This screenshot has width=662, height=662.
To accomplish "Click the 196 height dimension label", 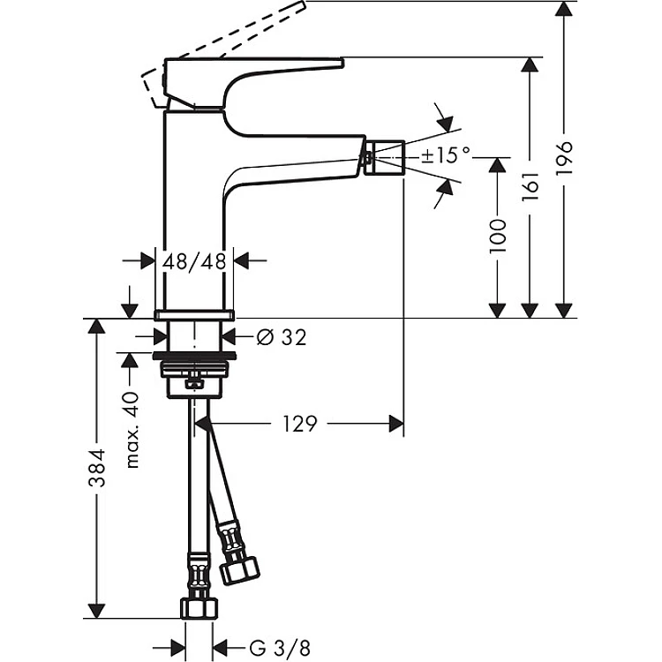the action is pyautogui.click(x=565, y=158).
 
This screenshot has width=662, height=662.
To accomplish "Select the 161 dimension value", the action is pyautogui.click(x=530, y=186).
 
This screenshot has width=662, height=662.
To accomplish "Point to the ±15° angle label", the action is pyautogui.click(x=446, y=155).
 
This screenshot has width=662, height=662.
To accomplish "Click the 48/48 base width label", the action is pyautogui.click(x=195, y=261).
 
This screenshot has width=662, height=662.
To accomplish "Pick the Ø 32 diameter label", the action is pyautogui.click(x=282, y=337).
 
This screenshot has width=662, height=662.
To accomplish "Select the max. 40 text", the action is pyautogui.click(x=132, y=430).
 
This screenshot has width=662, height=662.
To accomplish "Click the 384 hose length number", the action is pyautogui.click(x=97, y=468).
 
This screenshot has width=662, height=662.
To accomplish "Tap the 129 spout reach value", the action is pyautogui.click(x=299, y=424).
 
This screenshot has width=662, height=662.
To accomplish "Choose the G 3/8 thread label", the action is pyautogui.click(x=280, y=648).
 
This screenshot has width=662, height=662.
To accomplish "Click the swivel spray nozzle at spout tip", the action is pyautogui.click(x=384, y=157).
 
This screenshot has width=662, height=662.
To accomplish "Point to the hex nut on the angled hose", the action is pyautogui.click(x=240, y=570).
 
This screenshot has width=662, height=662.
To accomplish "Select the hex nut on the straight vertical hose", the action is pyautogui.click(x=199, y=608).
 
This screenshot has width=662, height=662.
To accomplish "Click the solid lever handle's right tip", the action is pyautogui.click(x=343, y=63).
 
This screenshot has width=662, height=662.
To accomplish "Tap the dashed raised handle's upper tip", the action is pyautogui.click(x=304, y=4).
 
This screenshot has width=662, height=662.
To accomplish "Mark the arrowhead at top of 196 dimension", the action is pyautogui.click(x=564, y=9).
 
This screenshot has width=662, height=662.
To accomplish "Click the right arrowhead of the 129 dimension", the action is pyautogui.click(x=396, y=424).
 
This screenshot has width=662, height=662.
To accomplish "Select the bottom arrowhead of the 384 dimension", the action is pyautogui.click(x=97, y=611).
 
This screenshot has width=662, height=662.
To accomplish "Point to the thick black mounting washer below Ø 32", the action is pyautogui.click(x=194, y=355).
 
